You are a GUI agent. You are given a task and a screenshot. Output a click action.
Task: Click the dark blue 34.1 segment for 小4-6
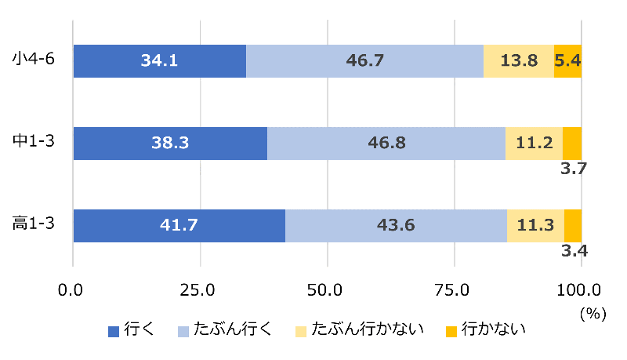click(160, 61)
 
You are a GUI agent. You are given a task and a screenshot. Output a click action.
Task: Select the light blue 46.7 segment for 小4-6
click(364, 61)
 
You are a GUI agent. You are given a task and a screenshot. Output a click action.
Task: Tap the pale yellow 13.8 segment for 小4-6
click(518, 61)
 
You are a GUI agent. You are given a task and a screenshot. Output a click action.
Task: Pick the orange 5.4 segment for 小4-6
click(567, 61)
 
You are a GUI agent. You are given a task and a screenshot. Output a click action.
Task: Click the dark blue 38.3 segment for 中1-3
click(170, 143)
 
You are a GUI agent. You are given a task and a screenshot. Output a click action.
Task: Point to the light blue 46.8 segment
click(386, 143)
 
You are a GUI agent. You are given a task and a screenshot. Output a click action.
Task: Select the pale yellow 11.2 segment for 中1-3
click(534, 143)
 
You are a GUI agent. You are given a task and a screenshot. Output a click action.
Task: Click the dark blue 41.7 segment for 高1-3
click(179, 226)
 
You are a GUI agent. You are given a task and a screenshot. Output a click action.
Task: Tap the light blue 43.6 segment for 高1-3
click(396, 226)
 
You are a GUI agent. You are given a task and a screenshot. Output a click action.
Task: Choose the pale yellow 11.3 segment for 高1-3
click(535, 226)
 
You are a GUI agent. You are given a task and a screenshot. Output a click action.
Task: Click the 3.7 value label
click(574, 168)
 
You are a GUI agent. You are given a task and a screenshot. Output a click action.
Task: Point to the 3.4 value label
click(574, 251)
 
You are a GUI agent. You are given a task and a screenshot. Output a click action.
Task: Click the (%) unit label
click(593, 313)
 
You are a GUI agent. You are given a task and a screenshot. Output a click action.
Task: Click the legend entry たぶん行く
click(224, 329)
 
